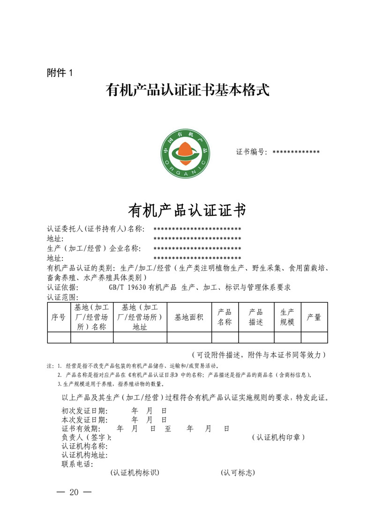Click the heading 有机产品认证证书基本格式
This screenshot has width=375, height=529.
pyautogui.click(x=187, y=90)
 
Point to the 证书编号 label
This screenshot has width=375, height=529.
pyautogui.click(x=252, y=152)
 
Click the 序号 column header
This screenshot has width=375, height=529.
pyautogui.click(x=59, y=317)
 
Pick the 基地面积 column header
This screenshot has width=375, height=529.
pyautogui.click(x=189, y=317)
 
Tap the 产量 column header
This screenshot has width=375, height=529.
pyautogui.click(x=314, y=317)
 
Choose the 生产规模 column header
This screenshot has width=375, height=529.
pyautogui.click(x=287, y=317)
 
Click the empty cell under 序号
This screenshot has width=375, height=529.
pyautogui.click(x=59, y=337)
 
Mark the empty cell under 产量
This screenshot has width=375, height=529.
pyautogui.click(x=314, y=337)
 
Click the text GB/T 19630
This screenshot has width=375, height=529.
pyautogui.click(x=128, y=287)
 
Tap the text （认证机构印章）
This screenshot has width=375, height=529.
pyautogui.click(x=278, y=437)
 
